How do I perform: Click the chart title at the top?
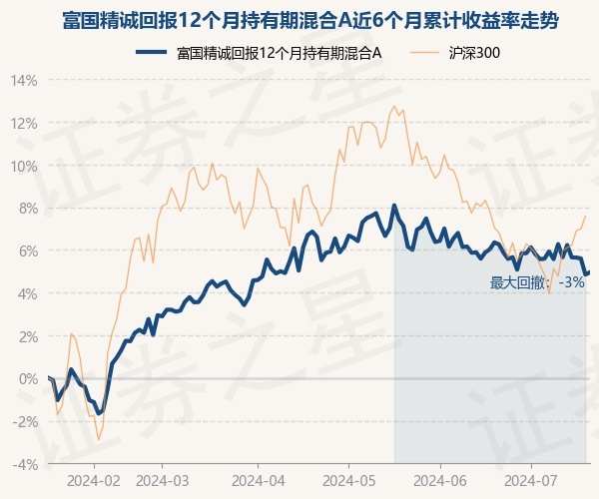299,19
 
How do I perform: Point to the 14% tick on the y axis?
25,81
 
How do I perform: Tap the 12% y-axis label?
25,124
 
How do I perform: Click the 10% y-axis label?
25,166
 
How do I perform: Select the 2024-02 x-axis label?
95,480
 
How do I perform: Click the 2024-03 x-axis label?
162,480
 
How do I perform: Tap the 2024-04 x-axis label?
258,480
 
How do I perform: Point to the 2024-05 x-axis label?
348,480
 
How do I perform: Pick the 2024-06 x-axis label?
440,480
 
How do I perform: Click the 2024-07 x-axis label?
530,480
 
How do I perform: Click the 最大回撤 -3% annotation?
537,283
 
